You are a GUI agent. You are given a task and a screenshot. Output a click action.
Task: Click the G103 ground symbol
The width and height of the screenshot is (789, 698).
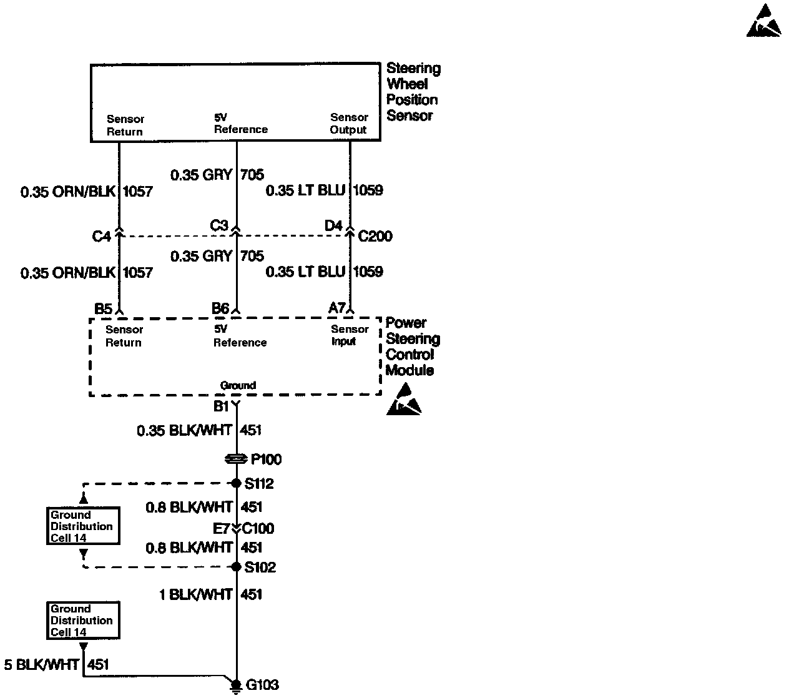pyautogui.click(x=236, y=686)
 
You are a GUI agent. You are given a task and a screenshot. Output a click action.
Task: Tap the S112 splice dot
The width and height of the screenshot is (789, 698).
pyautogui.click(x=236, y=483)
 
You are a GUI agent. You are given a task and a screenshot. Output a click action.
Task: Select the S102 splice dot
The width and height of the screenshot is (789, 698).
pyautogui.click(x=236, y=567)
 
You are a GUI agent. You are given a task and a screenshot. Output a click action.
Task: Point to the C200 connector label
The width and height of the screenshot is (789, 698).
pyautogui.click(x=375, y=236)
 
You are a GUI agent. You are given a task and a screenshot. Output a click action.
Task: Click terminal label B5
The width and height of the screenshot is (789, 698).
pyautogui.click(x=103, y=308)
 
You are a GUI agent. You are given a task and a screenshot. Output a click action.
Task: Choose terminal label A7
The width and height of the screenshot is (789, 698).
pyautogui.click(x=337, y=308)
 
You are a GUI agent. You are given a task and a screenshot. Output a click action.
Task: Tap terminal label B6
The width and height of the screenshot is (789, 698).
pyautogui.click(x=220, y=308)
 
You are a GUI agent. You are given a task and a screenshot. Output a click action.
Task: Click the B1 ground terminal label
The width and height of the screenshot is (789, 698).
pyautogui.click(x=221, y=406)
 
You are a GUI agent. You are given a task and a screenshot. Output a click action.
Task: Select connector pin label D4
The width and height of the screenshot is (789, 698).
pyautogui.click(x=333, y=225)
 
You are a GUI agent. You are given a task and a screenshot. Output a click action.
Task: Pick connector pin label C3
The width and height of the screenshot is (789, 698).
pyautogui.click(x=219, y=225)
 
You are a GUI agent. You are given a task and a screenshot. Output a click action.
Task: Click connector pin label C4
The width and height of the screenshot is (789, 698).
pyautogui.click(x=101, y=237)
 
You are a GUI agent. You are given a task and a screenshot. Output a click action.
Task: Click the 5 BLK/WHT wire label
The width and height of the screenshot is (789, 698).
pyautogui.click(x=41, y=665)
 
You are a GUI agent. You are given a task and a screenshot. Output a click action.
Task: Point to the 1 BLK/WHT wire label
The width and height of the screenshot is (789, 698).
pyautogui.click(x=196, y=594)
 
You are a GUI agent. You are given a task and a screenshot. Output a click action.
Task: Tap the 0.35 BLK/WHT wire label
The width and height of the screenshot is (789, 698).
pyautogui.click(x=184, y=430)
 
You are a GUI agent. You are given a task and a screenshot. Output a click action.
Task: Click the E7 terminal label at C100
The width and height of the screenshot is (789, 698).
pyautogui.click(x=222, y=529)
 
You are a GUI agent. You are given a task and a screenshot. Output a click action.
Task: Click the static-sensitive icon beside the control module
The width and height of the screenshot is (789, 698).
pyautogui.click(x=404, y=400)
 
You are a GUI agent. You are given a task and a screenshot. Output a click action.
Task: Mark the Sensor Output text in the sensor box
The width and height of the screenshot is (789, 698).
pyautogui.click(x=348, y=124)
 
